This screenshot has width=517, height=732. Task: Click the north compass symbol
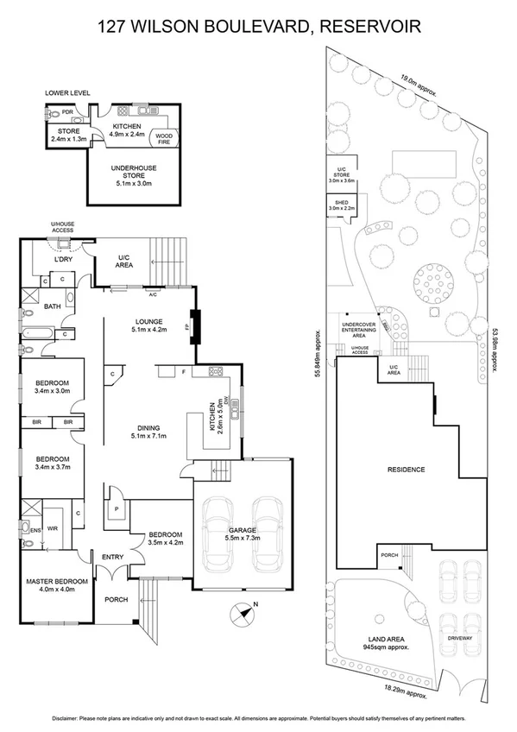pos(243,611)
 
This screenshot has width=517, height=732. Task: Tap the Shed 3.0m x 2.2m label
pos(337,206)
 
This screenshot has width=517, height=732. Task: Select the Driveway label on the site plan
pos(460,640)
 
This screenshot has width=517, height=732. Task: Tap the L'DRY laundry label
pos(61,260)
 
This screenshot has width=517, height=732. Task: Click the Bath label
pos(53,306)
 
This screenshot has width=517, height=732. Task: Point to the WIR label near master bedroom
pos(53,528)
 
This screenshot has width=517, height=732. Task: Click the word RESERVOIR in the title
pos(370,27)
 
